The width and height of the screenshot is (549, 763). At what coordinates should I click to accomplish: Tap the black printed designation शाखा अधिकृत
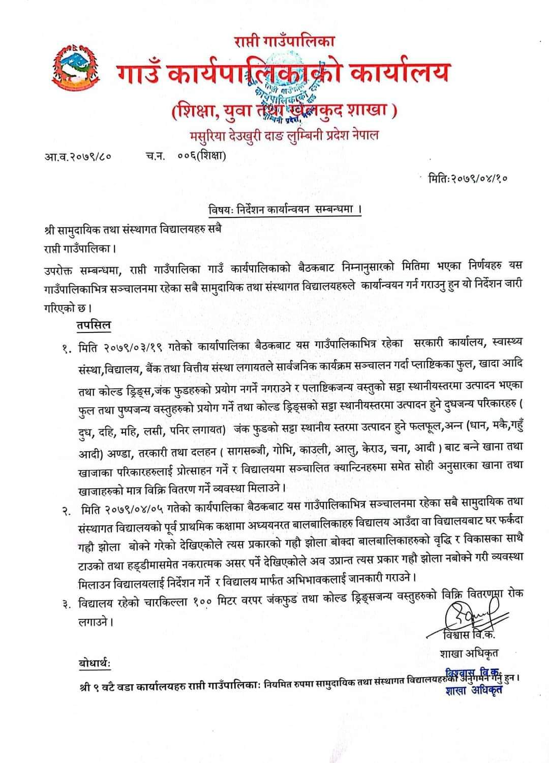point(469,653)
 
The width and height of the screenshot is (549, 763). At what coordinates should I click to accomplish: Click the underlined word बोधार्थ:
point(94,664)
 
